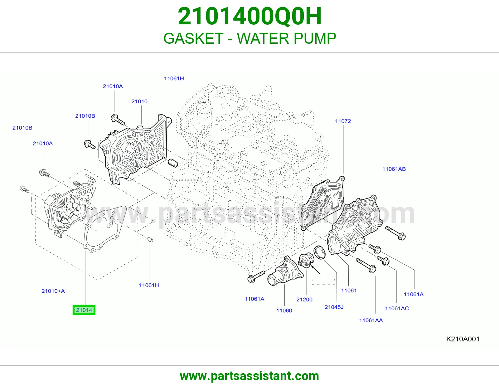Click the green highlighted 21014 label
pyautogui.click(x=84, y=310)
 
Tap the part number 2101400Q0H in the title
pyautogui.click(x=249, y=16)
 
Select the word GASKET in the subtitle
pyautogui.click(x=193, y=38)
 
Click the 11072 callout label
pyautogui.click(x=343, y=121)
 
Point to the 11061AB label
pyautogui.click(x=394, y=169)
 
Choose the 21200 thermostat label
pyautogui.click(x=304, y=299)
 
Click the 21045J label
pyautogui.click(x=334, y=307)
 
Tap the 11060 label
pyautogui.click(x=284, y=311)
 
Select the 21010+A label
pyautogui.click(x=53, y=291)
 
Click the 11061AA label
pyautogui.click(x=371, y=320)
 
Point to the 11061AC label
pyautogui.click(x=397, y=308)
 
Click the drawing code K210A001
pyautogui.click(x=463, y=339)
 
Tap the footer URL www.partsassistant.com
pyautogui.click(x=249, y=376)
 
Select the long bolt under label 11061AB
pyautogui.click(x=395, y=233)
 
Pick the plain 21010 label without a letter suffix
pyautogui.click(x=139, y=101)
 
